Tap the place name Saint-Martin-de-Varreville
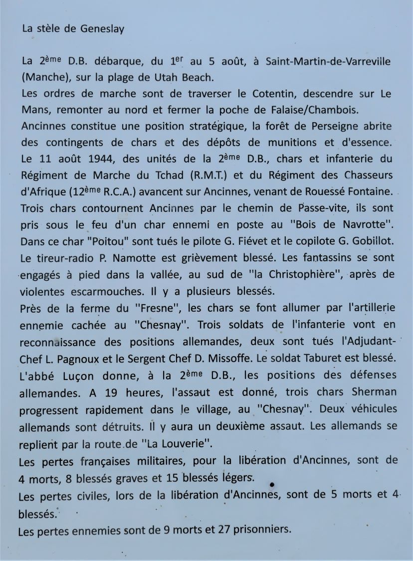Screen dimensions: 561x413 (x=328, y=61)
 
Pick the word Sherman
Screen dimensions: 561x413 (x=374, y=392)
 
